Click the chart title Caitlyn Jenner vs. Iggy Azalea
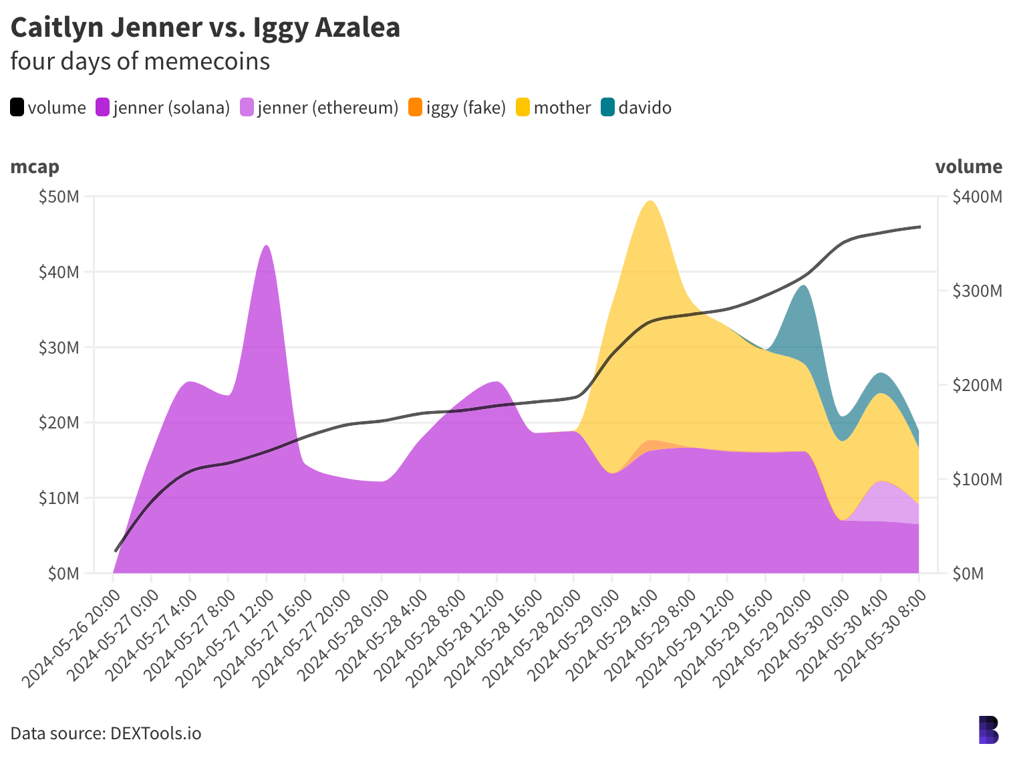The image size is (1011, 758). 205,27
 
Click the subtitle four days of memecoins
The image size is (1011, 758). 140,61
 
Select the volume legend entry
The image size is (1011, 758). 48,108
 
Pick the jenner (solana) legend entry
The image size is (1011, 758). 163,108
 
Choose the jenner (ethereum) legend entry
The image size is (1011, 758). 319,108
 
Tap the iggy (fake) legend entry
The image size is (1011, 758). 457,108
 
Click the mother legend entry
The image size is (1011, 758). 553,108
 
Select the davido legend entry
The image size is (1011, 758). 636,108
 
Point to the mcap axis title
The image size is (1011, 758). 35,166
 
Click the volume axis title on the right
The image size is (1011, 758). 968,166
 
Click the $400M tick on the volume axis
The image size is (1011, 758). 977,197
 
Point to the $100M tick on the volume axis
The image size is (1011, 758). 977,479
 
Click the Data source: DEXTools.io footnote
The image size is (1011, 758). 106,733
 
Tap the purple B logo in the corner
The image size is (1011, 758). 988,730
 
